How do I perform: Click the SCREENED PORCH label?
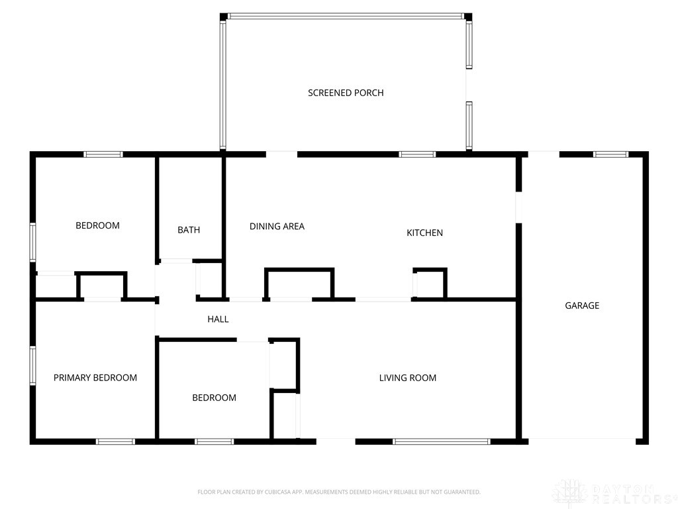coord(346,93)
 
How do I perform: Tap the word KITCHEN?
coord(424,233)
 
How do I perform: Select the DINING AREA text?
coord(277,227)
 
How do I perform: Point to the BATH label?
coord(189,230)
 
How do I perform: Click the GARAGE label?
coord(582,306)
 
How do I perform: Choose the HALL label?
coord(218,319)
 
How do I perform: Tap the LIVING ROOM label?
coord(407,378)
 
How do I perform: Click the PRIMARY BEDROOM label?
coord(95,378)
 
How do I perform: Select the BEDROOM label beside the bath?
coord(97,225)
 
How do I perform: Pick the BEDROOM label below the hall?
coord(214,398)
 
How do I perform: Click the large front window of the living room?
coord(442,441)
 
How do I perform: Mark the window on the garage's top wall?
coord(610,154)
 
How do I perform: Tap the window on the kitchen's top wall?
coord(417,154)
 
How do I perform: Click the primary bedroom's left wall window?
coord(32,365)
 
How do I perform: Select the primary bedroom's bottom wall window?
coord(115,441)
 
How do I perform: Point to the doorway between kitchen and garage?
coord(518,207)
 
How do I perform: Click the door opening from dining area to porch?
coord(281,154)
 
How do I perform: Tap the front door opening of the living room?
coord(336,441)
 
